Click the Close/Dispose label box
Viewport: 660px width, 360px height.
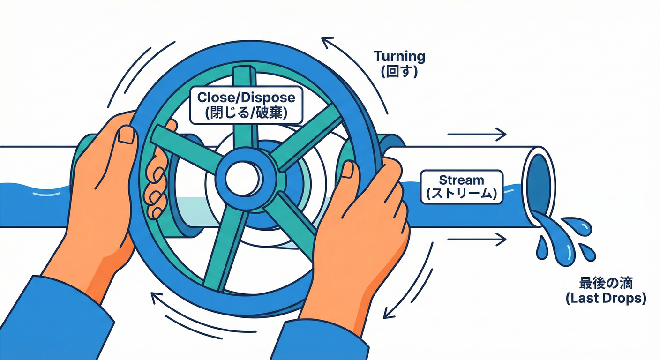pyautogui.click(x=246, y=105)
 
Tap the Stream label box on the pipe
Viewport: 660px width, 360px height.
pyautogui.click(x=462, y=187)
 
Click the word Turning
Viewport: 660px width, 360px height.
pyautogui.click(x=399, y=56)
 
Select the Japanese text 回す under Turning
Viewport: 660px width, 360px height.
pyautogui.click(x=399, y=72)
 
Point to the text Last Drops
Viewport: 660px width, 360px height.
pyautogui.click(x=606, y=299)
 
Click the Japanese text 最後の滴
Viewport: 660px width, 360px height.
pyautogui.click(x=606, y=284)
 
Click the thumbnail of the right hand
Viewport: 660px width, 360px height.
pyautogui.click(x=349, y=170)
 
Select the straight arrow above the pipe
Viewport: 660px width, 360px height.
pyautogui.click(x=477, y=135)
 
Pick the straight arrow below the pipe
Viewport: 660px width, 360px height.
pyautogui.click(x=477, y=239)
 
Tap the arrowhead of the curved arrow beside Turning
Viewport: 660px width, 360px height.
pyautogui.click(x=327, y=42)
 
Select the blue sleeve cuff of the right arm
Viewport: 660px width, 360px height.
pyautogui.click(x=320, y=342)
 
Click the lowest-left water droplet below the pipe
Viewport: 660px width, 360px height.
pyautogui.click(x=541, y=248)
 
